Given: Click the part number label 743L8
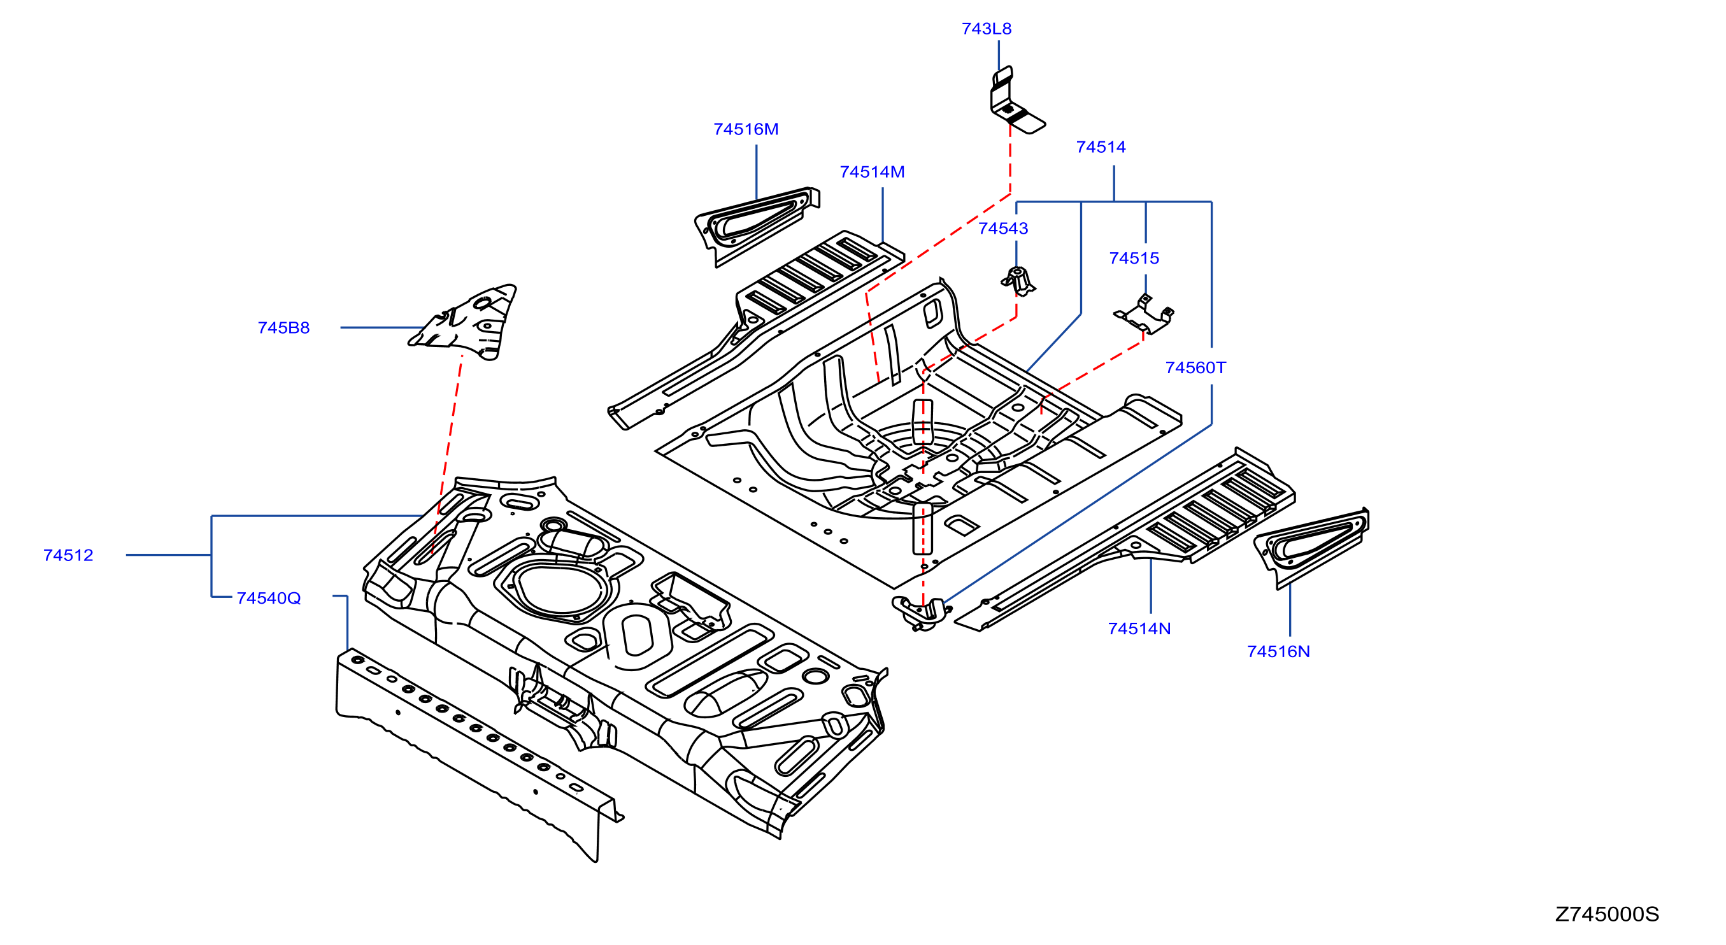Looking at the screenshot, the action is pos(986,29).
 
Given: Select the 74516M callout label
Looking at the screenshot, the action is pos(746,129).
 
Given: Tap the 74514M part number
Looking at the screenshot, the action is pos(872,172).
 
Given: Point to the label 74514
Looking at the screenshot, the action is pos(1100,147).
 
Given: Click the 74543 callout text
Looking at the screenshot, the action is pos(1002,229).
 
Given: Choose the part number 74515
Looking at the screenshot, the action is pos(1134,259).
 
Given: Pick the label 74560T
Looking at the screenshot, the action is pos(1195,367).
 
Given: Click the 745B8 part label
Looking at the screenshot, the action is pos(283,328).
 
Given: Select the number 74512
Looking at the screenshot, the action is pos(68,555).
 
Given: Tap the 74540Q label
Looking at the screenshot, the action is pos(268,598).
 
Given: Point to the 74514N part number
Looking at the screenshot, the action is pos(1139,629).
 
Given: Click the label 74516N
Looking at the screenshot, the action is pos(1278,651).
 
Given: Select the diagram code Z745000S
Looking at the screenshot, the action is pos(1606,914).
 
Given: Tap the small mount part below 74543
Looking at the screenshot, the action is pos(1018,281).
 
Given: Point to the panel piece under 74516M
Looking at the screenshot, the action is pos(756,225).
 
